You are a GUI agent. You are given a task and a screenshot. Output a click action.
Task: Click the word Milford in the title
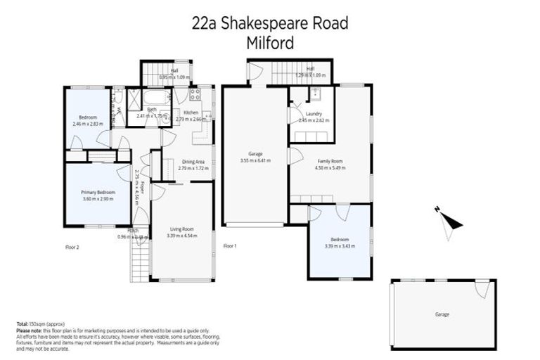[269, 42]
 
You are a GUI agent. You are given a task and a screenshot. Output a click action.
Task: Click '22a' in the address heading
[205, 23]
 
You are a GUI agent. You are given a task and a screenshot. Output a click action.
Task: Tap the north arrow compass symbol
[448, 221]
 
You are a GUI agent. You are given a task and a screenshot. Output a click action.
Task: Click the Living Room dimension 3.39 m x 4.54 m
[182, 236]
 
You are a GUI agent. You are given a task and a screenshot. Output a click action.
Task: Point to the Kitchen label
[191, 112]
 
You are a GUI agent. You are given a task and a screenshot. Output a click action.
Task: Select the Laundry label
[314, 113]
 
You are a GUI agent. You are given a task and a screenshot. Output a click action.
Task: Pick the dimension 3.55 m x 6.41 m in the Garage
[255, 160]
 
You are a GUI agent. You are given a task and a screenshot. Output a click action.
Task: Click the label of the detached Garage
[442, 314]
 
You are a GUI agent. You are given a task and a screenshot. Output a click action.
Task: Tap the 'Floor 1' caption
[230, 246]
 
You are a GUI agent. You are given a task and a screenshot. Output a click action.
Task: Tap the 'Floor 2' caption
[72, 247]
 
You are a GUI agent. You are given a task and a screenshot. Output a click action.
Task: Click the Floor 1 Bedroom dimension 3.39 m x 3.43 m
[338, 247]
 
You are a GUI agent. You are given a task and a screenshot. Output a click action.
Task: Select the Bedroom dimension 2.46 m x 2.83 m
[87, 124]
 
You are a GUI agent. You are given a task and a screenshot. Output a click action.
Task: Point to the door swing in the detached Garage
[482, 288]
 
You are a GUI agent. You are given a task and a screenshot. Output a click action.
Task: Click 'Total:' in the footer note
[22, 323]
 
